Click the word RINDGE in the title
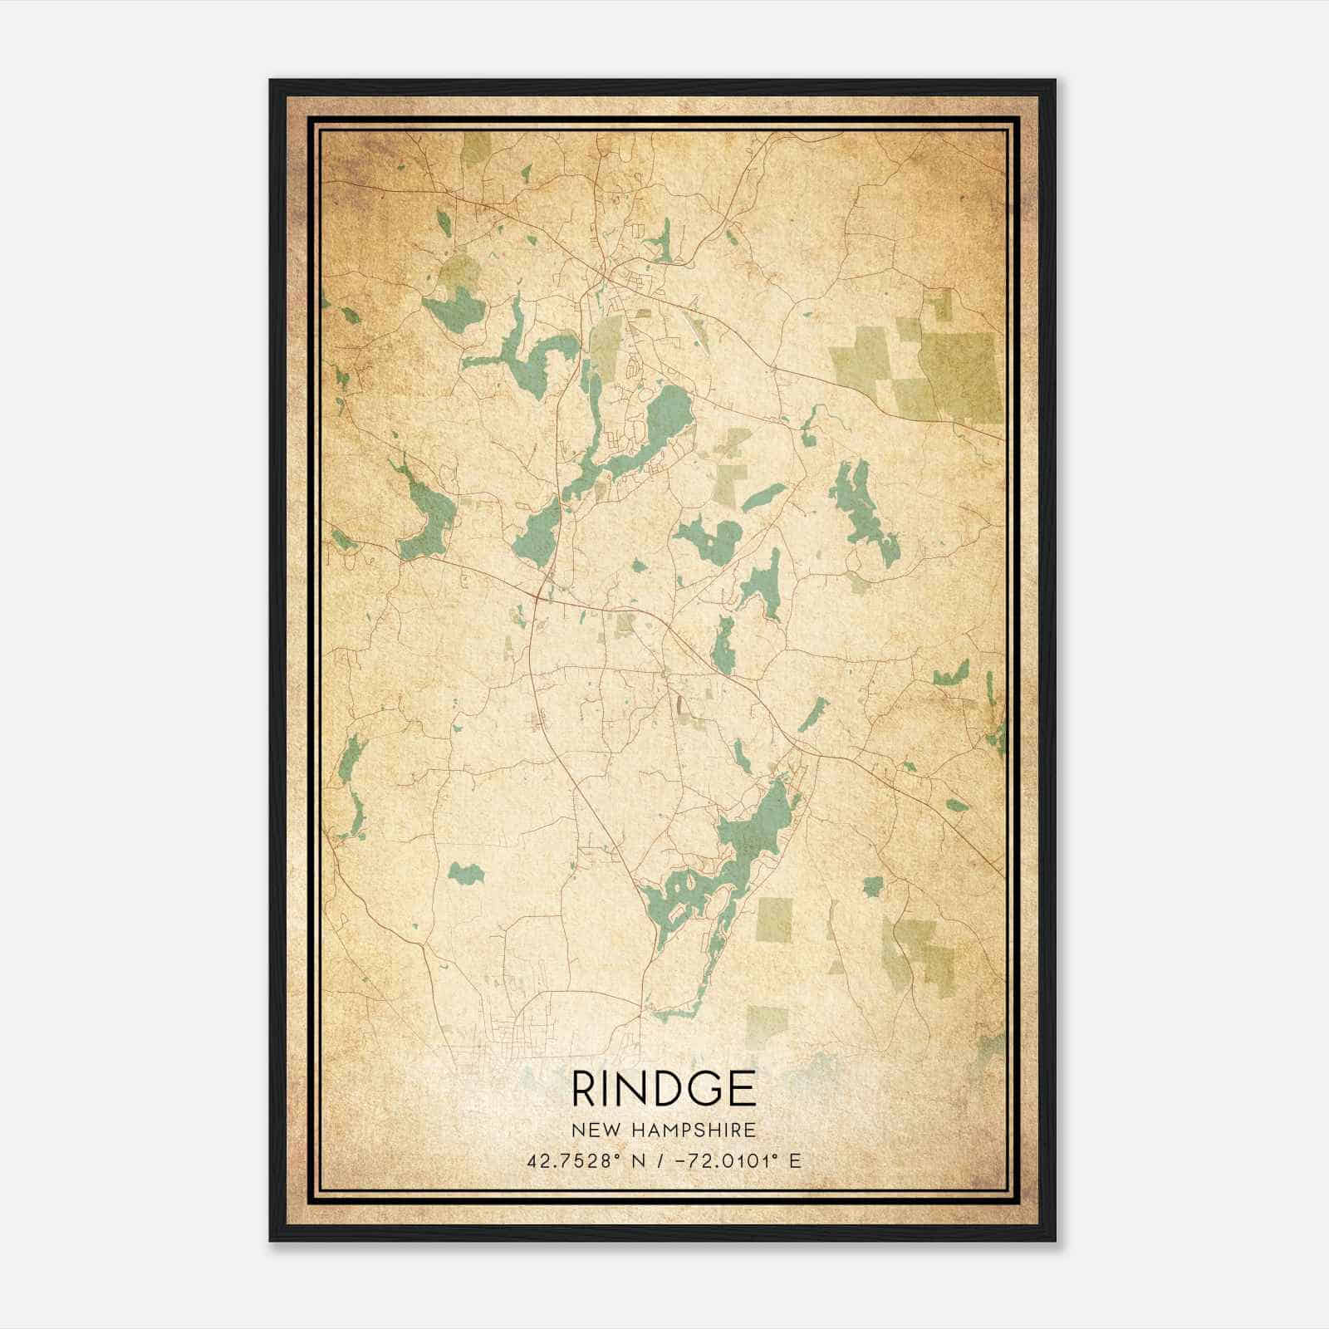[x=664, y=1089]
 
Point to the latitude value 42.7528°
[x=569, y=1160]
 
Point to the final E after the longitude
[x=796, y=1160]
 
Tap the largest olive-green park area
[x=959, y=374]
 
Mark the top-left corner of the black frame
[x=271, y=81]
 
